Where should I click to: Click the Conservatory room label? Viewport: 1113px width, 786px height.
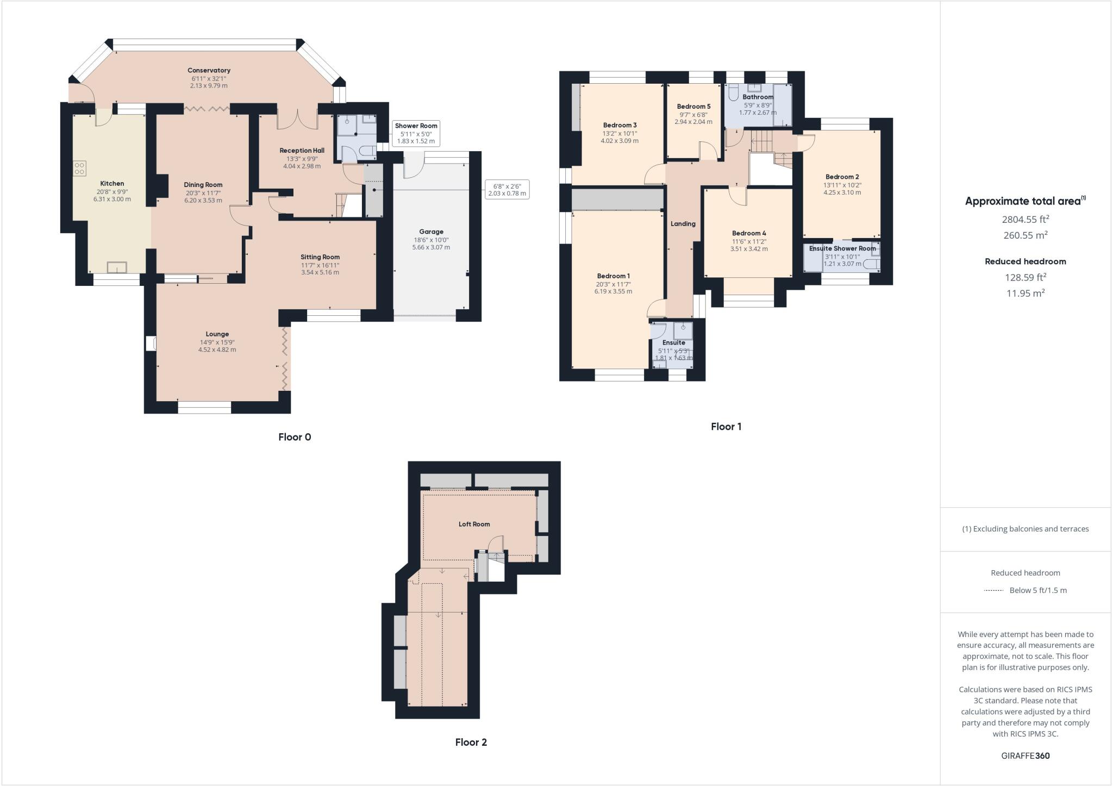coord(209,70)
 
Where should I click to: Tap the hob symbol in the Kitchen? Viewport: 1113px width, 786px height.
coord(79,169)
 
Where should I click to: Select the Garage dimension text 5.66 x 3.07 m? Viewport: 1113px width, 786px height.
coord(431,247)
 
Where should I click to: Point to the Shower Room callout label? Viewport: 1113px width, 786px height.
coord(416,126)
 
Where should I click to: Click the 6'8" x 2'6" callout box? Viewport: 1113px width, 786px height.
coord(507,190)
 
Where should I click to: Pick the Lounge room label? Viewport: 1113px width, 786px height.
coord(217,334)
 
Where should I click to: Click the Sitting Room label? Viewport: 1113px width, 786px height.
coord(320,257)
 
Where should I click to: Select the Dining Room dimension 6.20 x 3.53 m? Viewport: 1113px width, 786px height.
coord(203,200)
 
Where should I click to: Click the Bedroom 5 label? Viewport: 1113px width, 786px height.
coord(693,107)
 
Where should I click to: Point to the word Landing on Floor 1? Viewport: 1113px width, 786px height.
coord(683,223)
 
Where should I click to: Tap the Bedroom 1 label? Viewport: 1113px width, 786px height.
coord(613,276)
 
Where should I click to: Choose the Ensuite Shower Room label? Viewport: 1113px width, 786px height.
coord(842,248)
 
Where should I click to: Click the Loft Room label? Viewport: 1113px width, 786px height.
coord(474,525)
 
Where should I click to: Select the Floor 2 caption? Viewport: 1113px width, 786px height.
coord(471,743)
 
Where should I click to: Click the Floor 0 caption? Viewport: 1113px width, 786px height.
coord(295,437)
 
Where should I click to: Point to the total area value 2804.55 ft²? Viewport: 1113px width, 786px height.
coord(1026,219)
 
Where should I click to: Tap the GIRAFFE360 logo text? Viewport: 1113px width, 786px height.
coord(1025,756)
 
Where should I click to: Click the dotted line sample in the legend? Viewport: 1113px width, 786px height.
coord(993,590)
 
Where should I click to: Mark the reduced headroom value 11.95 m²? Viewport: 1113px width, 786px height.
coord(1025,293)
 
